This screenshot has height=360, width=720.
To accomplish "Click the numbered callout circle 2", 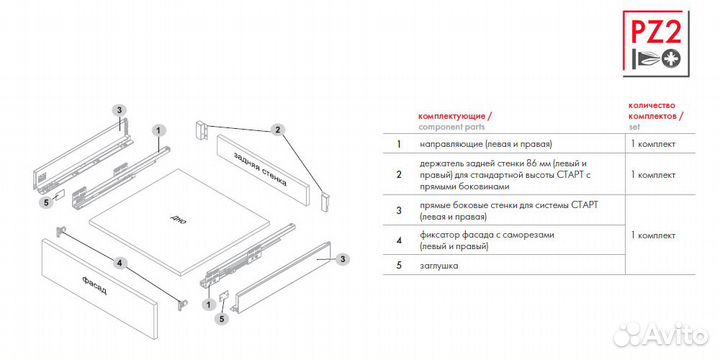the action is click(277, 130).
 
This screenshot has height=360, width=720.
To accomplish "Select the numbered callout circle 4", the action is click(119, 263).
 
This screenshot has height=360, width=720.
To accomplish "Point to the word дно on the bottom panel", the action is click(177, 218).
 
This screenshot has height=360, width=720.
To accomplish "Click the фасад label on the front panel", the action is click(95, 285).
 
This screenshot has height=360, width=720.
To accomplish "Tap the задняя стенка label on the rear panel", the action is click(260, 169).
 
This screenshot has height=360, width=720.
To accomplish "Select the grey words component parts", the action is click(451, 127).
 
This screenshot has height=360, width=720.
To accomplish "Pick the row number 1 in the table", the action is click(399, 144).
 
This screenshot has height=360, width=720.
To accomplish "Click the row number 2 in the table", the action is click(399, 175).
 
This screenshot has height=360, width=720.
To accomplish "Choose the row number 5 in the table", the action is click(399, 265).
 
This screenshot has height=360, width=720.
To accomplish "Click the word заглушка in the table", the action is click(439, 266).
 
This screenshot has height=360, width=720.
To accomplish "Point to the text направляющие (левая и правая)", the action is click(485, 144).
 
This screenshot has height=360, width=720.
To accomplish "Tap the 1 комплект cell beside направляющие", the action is click(653, 144).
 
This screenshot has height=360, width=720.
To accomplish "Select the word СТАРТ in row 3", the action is click(585, 205).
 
